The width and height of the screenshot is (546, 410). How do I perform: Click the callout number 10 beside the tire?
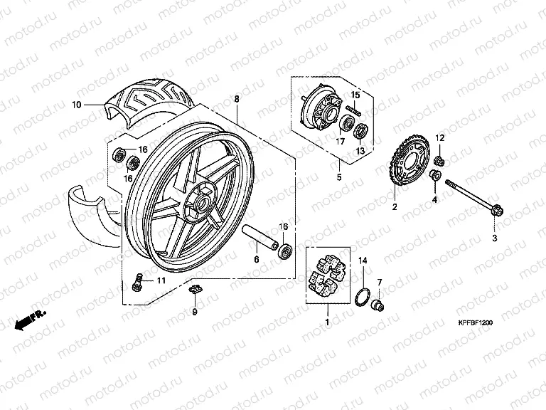[x=77, y=105]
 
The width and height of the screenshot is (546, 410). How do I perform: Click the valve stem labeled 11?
[x=137, y=282]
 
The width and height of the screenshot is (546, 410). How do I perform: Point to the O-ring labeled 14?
[x=362, y=297]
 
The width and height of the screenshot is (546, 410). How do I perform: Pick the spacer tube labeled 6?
[x=259, y=237]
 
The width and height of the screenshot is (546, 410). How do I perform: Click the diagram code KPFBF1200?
[x=476, y=323]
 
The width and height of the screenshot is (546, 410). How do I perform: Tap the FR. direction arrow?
[x=30, y=320]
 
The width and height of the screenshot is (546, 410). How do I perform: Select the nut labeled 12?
[x=439, y=161]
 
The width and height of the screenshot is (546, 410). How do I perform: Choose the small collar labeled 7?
[x=378, y=305]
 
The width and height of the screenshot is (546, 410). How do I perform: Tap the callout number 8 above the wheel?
[x=237, y=99]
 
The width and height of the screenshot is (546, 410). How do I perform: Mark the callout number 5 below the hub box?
[x=339, y=177]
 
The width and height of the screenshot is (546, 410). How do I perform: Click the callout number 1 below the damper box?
[x=327, y=322]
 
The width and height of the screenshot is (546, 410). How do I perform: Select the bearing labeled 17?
[x=347, y=122]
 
